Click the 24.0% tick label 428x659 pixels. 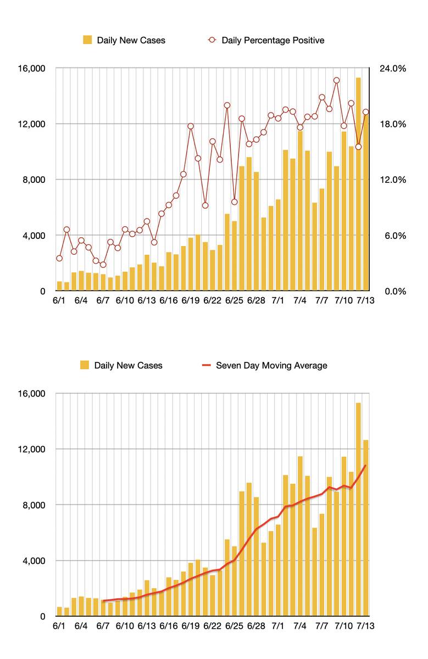pos(392,69)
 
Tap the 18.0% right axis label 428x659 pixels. pos(392,124)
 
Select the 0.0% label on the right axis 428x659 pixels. pos(394,291)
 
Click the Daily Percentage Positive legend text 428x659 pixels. pos(273,40)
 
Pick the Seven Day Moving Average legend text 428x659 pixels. pos(271,365)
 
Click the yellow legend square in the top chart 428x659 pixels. pos(87,40)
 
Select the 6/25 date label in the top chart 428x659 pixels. pos(234,301)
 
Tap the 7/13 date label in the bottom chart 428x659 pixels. pos(366,626)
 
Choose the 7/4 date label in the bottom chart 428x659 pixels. pos(300,626)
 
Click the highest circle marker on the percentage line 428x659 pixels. pos(337,81)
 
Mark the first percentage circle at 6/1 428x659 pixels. pos(59,258)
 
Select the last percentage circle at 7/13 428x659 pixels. pos(366,112)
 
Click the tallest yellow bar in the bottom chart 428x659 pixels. pos(358,511)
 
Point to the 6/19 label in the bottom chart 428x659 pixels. pos(190,626)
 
